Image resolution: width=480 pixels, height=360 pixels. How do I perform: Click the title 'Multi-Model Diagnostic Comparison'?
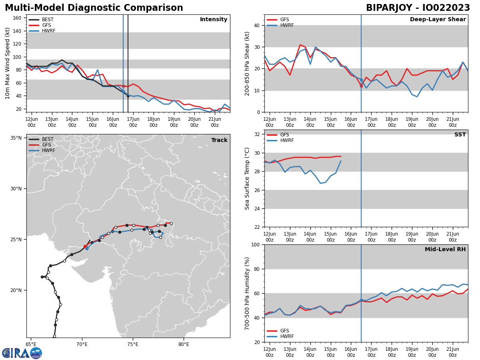pos(94,8)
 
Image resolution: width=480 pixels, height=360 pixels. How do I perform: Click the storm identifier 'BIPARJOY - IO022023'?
pos(418,8)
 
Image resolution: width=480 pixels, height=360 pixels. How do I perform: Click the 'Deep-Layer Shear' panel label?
pos(438,20)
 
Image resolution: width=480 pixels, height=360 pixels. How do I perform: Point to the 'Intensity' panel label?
pos(214,20)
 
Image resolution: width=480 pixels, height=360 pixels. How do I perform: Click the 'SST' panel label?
pos(460,135)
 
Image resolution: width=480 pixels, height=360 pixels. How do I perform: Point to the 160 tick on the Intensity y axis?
pos(18,18)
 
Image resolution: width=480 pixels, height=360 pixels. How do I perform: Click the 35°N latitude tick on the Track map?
pos(16,138)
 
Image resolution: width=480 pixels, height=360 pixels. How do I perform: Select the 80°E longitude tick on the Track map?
pos(184,344)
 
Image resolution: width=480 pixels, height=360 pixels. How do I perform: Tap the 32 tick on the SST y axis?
pos(257,134)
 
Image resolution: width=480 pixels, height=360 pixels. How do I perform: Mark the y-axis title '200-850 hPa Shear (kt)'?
pos(248,63)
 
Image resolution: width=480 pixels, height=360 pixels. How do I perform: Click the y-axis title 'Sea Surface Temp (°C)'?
pos(248,178)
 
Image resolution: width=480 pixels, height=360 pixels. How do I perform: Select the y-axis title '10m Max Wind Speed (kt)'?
pos(8,63)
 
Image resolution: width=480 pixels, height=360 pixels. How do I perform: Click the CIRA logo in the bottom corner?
pos(22,353)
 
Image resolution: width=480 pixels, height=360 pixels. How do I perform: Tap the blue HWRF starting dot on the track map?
pos(87,248)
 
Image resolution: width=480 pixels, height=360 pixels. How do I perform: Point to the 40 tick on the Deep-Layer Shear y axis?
pos(257,25)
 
